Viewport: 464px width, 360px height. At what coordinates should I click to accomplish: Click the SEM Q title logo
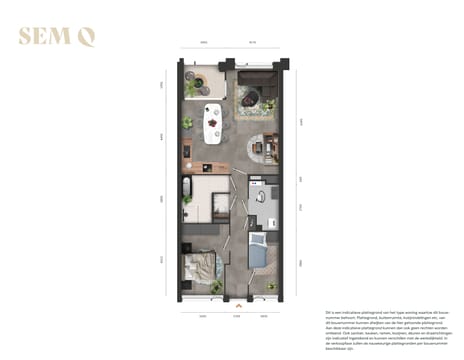tap(58, 39)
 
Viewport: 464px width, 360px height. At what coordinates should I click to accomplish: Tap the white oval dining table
tap(213, 122)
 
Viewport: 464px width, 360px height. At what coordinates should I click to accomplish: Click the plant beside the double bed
tap(216, 287)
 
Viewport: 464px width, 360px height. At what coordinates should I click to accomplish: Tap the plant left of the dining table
tap(187, 123)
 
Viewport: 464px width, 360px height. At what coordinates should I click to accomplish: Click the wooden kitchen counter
tap(187, 151)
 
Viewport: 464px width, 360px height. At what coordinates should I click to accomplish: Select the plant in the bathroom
tap(187, 213)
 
